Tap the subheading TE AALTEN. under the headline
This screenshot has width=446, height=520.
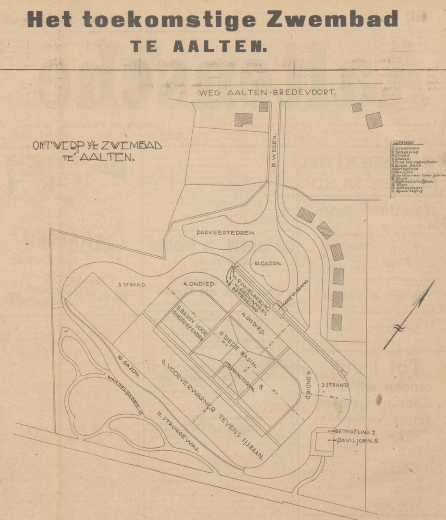click(x=198, y=46)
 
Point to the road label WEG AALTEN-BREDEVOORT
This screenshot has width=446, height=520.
click(x=267, y=93)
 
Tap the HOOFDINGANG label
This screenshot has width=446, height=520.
click(x=297, y=293)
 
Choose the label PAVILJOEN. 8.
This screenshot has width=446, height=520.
click(x=358, y=441)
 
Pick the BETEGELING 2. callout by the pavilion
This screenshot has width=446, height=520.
click(x=357, y=431)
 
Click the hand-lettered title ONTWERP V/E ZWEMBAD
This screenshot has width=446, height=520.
click(x=97, y=146)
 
